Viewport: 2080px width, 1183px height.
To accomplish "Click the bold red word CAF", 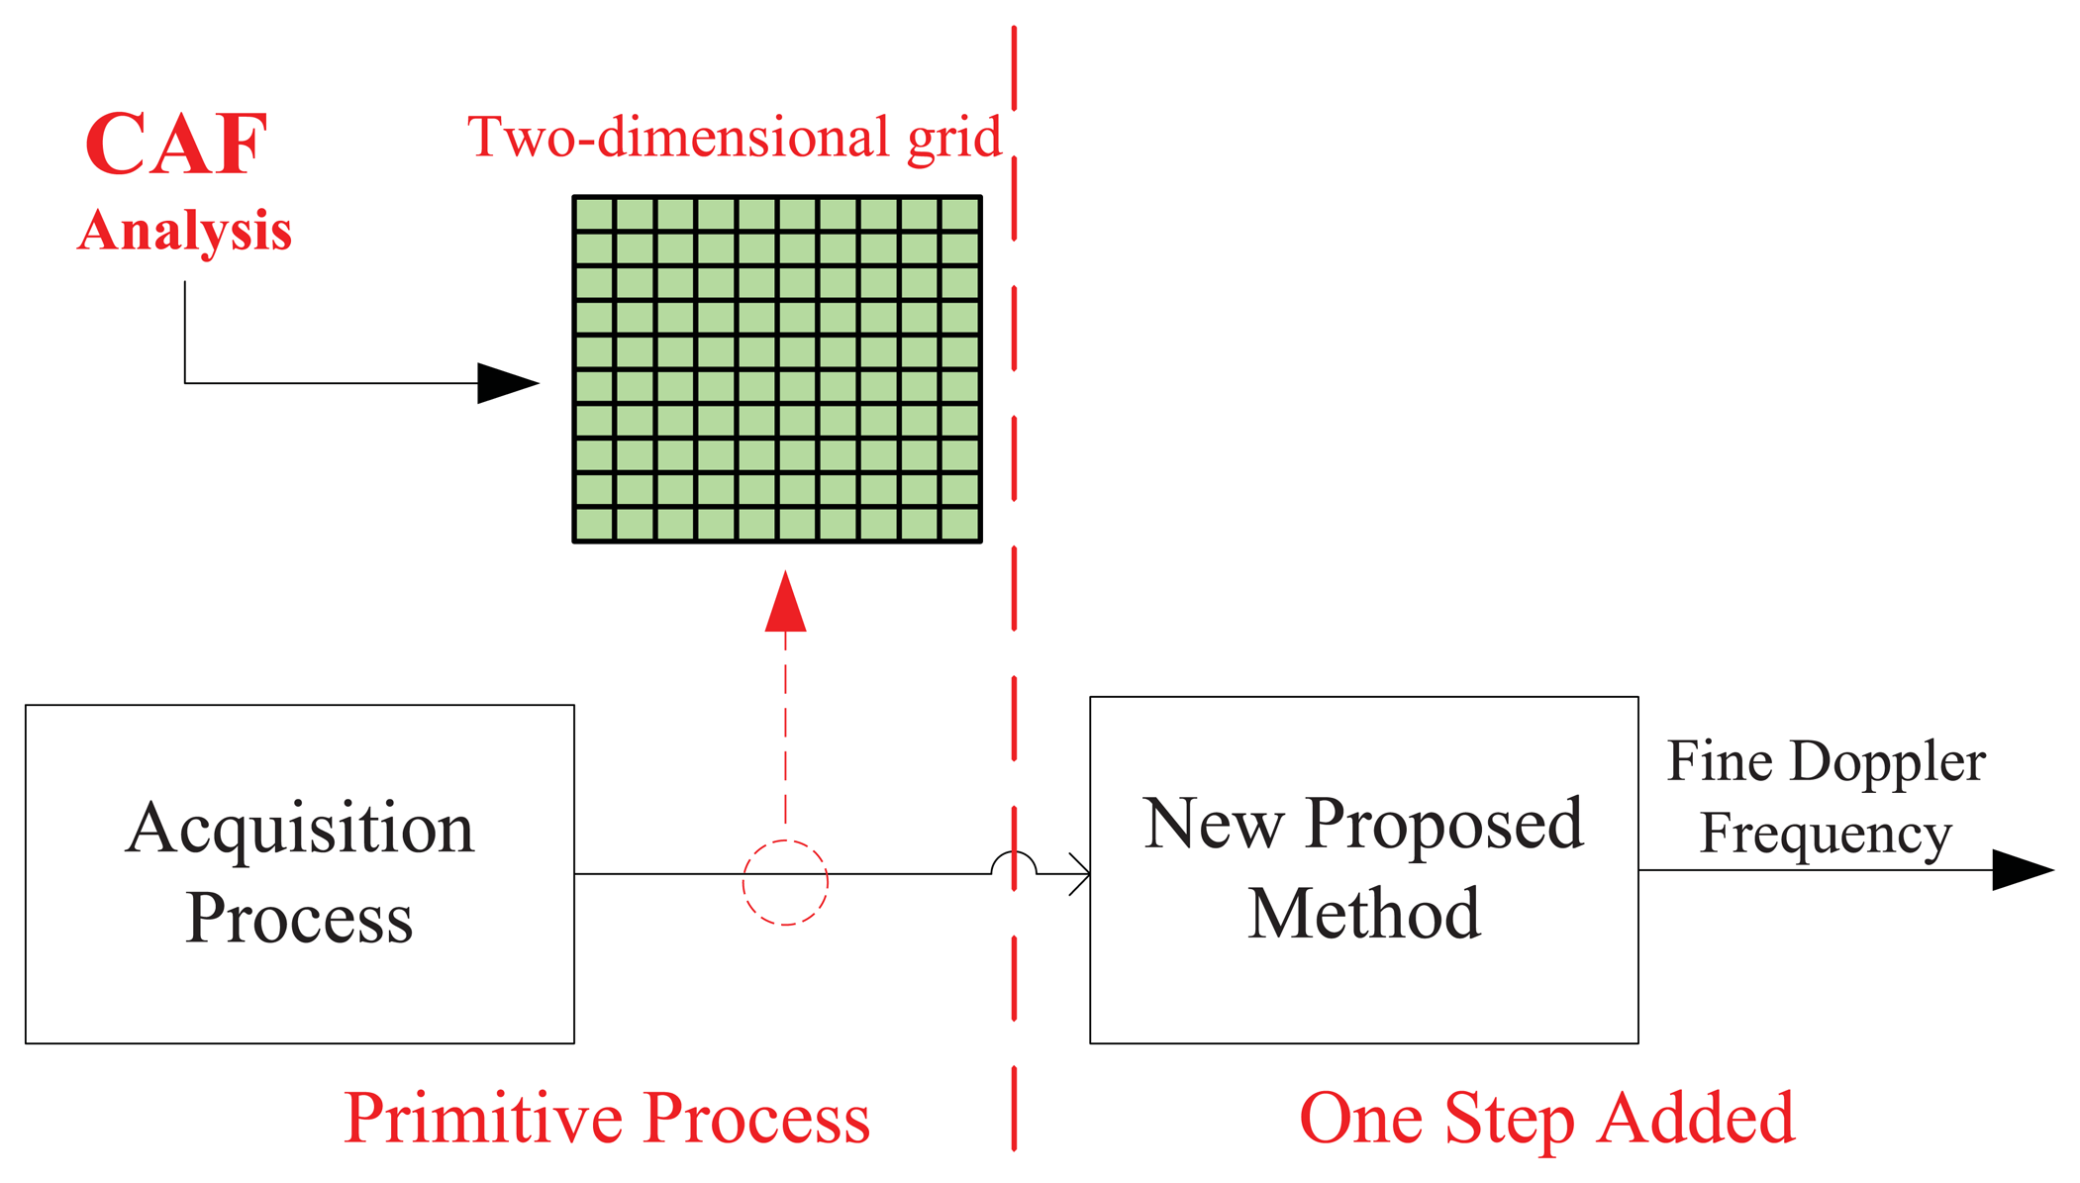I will pyautogui.click(x=176, y=145).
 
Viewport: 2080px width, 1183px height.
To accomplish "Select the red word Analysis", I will pyautogui.click(x=185, y=231).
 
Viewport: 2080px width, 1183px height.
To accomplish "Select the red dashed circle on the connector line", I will pyautogui.click(x=785, y=882).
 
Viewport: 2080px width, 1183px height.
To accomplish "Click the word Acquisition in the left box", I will pyautogui.click(x=300, y=829).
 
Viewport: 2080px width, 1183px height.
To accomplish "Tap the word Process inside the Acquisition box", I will pyautogui.click(x=299, y=919).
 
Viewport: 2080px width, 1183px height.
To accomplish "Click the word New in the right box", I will pyautogui.click(x=1213, y=824).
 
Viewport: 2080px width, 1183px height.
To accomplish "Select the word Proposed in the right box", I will pyautogui.click(x=1444, y=824).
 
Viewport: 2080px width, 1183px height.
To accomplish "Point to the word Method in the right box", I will pyautogui.click(x=1363, y=913).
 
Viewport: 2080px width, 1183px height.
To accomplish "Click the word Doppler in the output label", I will pyautogui.click(x=1887, y=762).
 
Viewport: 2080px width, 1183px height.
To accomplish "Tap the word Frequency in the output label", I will pyautogui.click(x=1826, y=834).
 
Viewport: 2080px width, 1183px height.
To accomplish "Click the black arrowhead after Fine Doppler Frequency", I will pyautogui.click(x=2022, y=870).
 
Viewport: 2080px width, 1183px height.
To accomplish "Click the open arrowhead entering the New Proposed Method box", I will pyautogui.click(x=1080, y=874).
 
